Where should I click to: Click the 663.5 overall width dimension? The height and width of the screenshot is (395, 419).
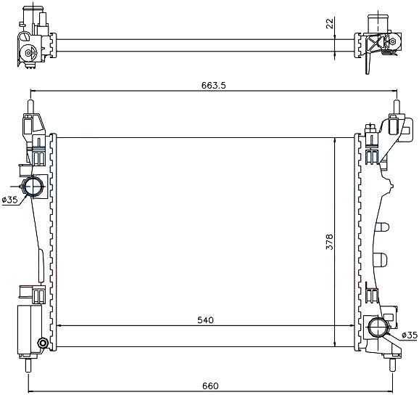point(214,86)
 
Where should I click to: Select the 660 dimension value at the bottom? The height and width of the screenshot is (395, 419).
point(210,386)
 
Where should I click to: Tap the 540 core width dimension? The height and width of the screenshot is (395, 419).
point(205,320)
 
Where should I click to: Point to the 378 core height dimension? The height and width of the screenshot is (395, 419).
point(330,242)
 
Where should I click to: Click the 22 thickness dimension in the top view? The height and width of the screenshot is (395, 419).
point(330,23)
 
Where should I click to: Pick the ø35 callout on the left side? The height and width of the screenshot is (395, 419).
point(9,200)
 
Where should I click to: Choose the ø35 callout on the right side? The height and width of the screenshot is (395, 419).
point(410,335)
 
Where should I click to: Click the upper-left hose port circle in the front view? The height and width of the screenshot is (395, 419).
point(33,186)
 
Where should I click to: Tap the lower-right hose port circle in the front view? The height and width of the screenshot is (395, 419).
point(378,327)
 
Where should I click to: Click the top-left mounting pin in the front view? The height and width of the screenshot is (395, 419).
point(30,107)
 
